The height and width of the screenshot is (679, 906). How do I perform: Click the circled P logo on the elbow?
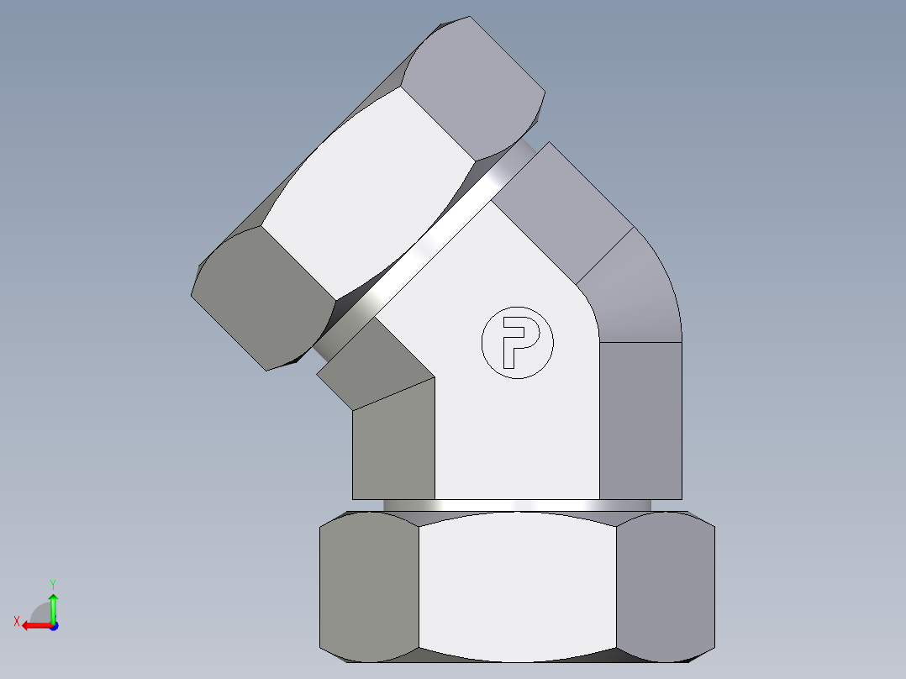[518, 342]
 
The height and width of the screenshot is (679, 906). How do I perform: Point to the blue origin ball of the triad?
[53, 625]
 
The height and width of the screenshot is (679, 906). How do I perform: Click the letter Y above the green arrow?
[52, 583]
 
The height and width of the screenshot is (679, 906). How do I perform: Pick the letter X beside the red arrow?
[16, 622]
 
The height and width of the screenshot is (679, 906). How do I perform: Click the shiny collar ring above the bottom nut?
[518, 504]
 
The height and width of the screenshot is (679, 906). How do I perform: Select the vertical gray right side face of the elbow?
[640, 420]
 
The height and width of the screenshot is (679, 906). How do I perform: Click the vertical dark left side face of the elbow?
[393, 445]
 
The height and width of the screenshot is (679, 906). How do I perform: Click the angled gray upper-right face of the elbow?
[563, 210]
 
